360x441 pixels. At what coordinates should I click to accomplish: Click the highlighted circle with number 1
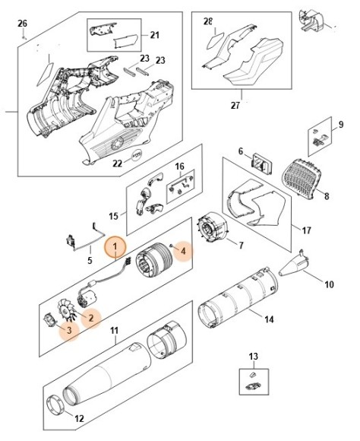[115, 246]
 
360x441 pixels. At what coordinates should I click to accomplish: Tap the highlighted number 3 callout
[69, 332]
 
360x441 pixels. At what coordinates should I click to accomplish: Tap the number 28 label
[208, 22]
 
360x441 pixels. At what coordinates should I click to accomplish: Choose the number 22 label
[117, 163]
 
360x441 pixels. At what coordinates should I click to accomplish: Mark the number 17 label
[307, 230]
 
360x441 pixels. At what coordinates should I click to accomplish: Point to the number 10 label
[329, 285]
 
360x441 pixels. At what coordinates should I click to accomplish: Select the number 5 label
[90, 261]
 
